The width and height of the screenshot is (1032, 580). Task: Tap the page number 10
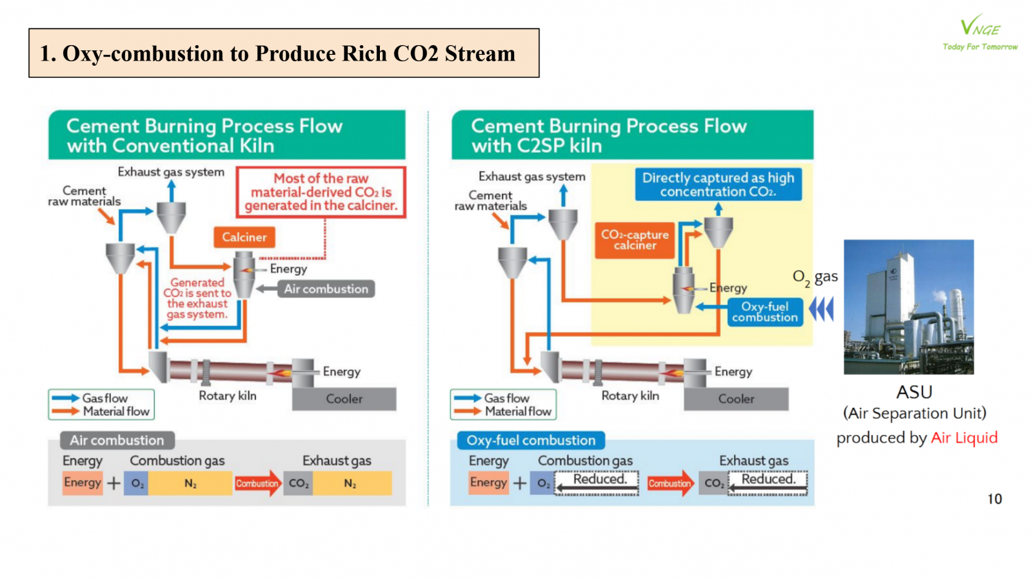995,499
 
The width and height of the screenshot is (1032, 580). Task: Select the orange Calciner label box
244,237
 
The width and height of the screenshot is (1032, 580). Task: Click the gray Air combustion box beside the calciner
326,289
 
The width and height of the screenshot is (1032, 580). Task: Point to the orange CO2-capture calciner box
635,240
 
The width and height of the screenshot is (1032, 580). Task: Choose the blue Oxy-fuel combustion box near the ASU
765,312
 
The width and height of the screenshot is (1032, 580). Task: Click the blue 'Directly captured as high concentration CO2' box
718,184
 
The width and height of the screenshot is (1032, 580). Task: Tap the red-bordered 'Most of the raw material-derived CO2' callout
321,192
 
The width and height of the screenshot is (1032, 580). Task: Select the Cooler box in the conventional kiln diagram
344,398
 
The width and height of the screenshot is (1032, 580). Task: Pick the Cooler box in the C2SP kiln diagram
736,398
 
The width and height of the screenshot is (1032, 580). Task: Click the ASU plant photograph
908,307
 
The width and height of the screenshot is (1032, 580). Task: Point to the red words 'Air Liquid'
964,438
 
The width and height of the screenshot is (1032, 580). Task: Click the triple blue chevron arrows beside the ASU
821,309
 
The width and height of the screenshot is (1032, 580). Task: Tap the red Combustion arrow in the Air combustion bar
257,483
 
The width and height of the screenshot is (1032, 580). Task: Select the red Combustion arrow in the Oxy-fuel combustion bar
670,483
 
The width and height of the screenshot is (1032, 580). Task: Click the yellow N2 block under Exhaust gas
350,483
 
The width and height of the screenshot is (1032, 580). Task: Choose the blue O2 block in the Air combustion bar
137,483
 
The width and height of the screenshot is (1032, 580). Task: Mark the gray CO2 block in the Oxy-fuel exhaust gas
713,483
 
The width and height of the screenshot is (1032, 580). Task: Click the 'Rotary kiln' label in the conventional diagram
227,396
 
